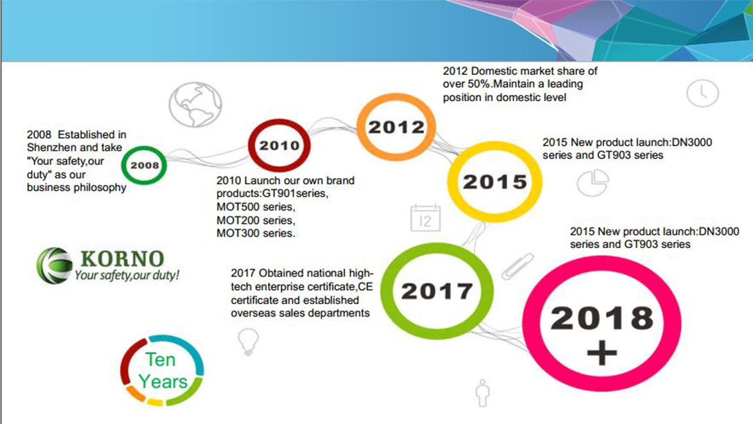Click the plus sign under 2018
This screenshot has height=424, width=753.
(x=602, y=354)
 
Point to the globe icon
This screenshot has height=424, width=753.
(x=195, y=104)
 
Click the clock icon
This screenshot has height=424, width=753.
(x=702, y=93)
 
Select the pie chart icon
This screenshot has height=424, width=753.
(x=592, y=183)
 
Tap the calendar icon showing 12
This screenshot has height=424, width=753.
(x=425, y=218)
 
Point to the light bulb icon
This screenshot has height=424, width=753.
(x=248, y=342)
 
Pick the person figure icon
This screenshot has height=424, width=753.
(x=483, y=393)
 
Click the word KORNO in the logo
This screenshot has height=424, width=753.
(x=122, y=259)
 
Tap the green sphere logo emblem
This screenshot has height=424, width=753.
(x=54, y=265)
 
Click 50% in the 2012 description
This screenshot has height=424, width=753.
(x=479, y=84)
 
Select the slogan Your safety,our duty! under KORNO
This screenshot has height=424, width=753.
(x=127, y=275)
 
